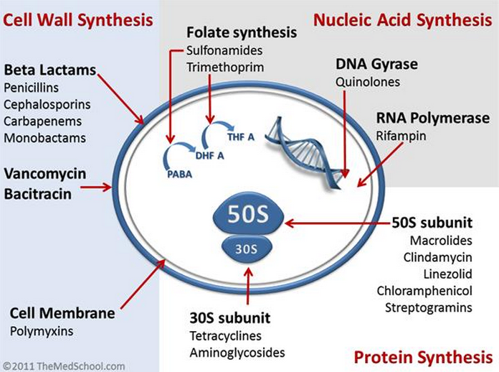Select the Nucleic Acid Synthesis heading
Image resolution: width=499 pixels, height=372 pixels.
point(402,19)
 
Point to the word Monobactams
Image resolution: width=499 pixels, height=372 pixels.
point(44,137)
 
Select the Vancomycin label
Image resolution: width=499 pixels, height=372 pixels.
point(44,174)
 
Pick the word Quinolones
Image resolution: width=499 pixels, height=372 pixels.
point(368,82)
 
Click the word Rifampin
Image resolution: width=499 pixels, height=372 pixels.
point(399,134)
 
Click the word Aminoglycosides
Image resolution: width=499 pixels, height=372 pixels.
point(237,353)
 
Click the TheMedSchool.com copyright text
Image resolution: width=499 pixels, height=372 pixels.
point(63,366)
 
